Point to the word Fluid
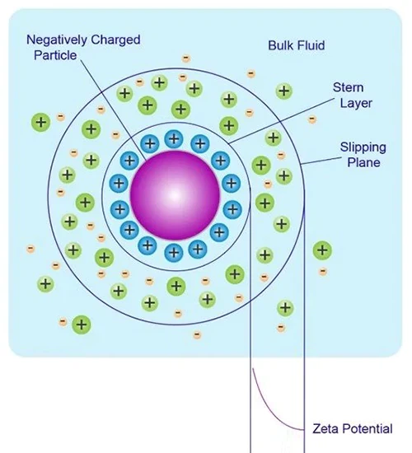click(x=311, y=44)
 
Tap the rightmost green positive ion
click(x=322, y=250)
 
